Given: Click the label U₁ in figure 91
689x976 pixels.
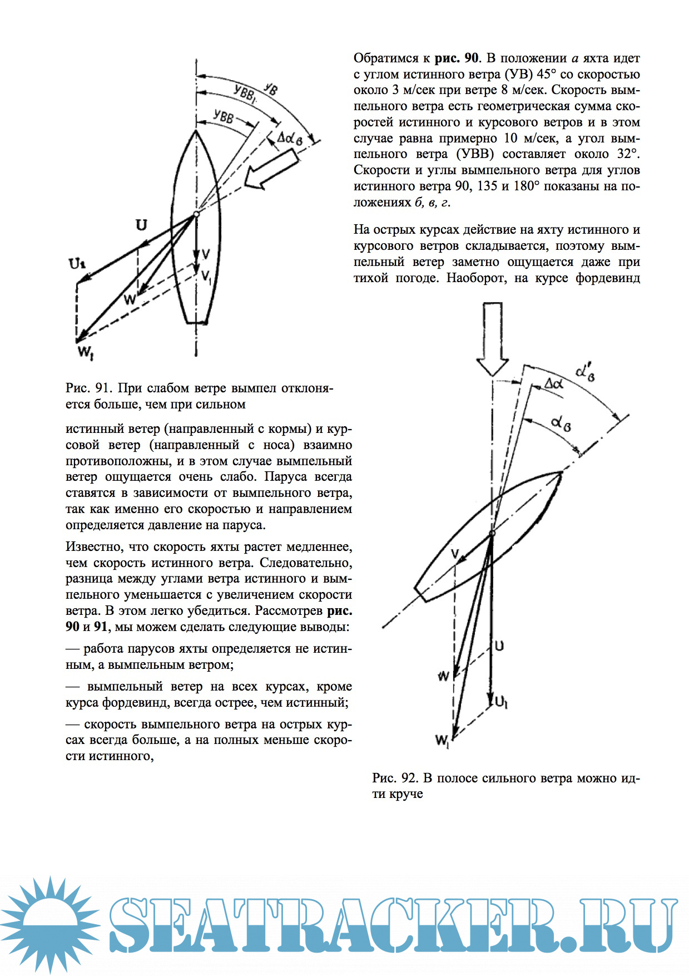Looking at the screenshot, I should [x=77, y=264].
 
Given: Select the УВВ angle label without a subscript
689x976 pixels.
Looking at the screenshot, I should [x=223, y=117].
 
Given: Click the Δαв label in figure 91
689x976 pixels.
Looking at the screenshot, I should [x=290, y=137].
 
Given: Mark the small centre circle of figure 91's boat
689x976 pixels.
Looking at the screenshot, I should [x=196, y=214].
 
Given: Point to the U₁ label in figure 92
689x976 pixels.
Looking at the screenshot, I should [x=501, y=703].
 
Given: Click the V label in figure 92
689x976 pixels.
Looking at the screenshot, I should [x=455, y=554].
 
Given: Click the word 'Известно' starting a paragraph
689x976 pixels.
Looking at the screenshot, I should [x=91, y=546].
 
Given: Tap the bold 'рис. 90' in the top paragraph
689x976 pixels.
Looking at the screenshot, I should [x=456, y=58].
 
